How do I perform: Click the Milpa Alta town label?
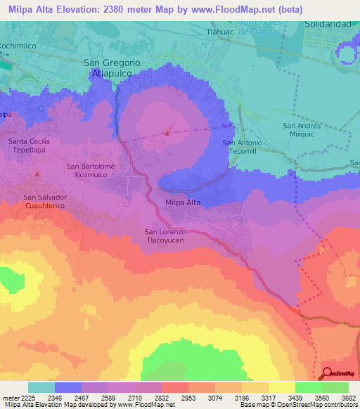pos(183,202)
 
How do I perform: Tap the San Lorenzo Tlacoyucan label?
pos(165,236)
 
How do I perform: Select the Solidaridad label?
pos(328,24)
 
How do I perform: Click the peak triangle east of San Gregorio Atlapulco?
pos(167,131)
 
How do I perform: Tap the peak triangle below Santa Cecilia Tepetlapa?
pos(38,172)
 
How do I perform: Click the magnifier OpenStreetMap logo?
pos(327,374)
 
